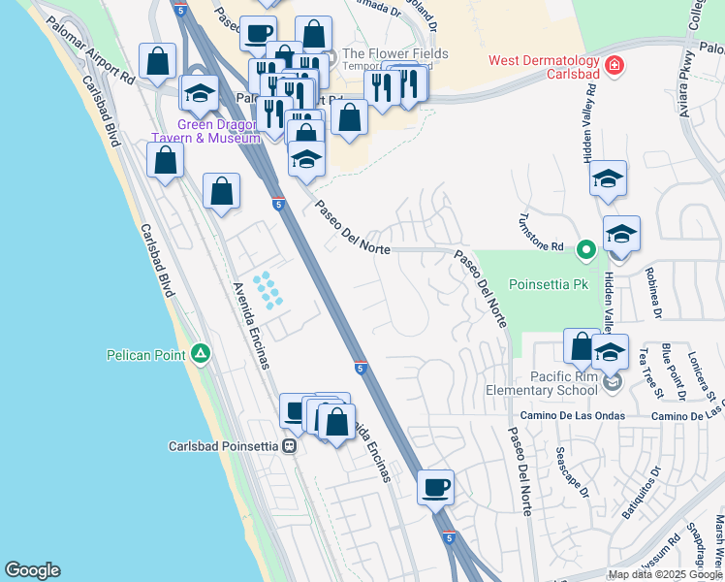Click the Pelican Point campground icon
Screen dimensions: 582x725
point(200,354)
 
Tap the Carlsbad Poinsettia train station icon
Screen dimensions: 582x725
point(289,446)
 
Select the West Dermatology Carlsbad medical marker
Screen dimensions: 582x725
point(613,66)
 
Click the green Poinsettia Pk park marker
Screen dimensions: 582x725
point(584,249)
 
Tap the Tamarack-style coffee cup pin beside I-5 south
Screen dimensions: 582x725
point(435,486)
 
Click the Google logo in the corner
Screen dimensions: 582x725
point(32,570)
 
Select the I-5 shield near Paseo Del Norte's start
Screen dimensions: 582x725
point(278,205)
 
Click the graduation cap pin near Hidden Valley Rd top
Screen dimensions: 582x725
point(608,178)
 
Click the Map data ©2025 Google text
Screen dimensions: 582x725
point(665,574)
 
